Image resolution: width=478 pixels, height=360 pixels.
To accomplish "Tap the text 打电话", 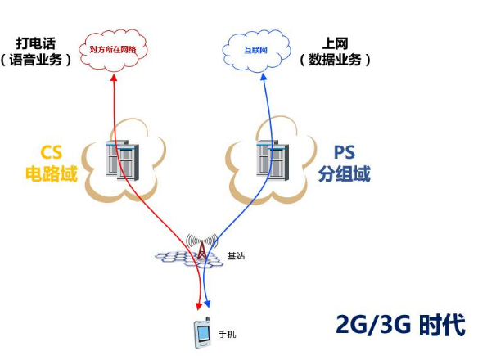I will click(36, 42).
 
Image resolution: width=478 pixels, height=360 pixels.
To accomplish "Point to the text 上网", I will click(335, 42).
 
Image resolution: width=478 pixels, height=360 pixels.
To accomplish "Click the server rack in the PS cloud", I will click(271, 159).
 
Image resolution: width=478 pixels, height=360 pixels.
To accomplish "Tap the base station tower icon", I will click(201, 248).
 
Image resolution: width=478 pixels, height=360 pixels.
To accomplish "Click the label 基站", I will click(236, 257).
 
